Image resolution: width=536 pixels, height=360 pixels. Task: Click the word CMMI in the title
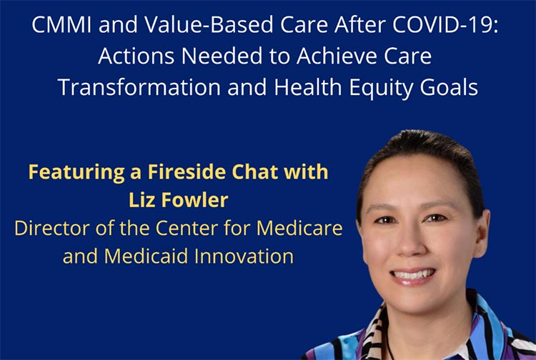click(x=61, y=24)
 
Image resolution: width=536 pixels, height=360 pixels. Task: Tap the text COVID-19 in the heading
click(x=445, y=24)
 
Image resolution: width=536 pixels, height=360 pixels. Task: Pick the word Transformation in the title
click(x=139, y=87)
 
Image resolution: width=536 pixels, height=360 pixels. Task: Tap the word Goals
click(x=449, y=87)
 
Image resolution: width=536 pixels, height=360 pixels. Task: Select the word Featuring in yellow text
click(x=76, y=172)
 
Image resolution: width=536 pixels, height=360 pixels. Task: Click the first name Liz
click(x=142, y=200)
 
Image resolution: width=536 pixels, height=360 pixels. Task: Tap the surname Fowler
click(x=195, y=200)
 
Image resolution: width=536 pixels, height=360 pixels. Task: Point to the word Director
click(x=51, y=228)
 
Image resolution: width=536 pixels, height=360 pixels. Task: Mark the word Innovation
click(x=244, y=256)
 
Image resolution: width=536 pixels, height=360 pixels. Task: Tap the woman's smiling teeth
click(x=412, y=274)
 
